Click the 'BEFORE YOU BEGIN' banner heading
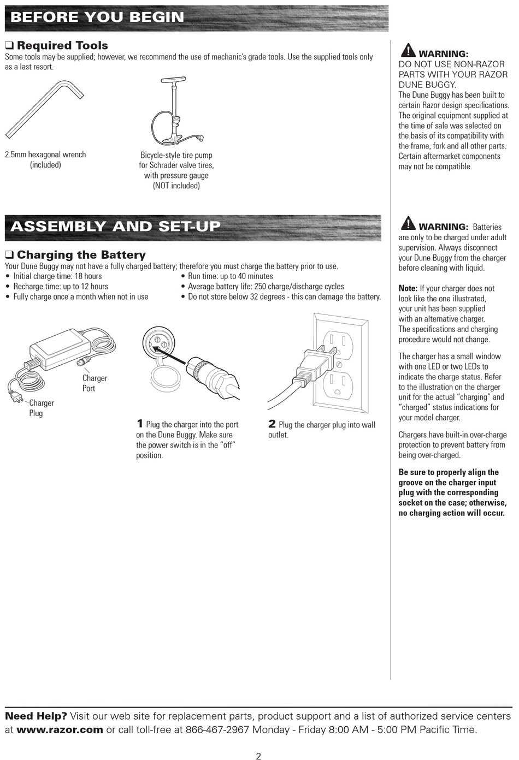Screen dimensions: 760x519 (97, 17)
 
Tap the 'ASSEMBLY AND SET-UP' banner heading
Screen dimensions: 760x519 (115, 227)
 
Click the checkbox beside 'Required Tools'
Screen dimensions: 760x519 (9, 45)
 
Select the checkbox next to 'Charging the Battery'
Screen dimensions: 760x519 (9, 255)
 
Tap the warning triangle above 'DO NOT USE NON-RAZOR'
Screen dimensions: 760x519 (408, 51)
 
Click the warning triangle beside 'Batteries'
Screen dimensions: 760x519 (408, 223)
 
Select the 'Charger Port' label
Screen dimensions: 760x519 (95, 383)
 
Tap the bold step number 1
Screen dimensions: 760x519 (140, 424)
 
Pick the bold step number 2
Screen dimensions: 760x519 (272, 424)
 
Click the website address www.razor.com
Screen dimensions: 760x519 (60, 730)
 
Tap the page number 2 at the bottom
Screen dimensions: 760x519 (258, 756)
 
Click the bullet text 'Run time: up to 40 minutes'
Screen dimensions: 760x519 (230, 276)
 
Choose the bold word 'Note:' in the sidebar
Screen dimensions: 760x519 (408, 288)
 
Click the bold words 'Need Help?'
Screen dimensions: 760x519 (36, 716)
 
